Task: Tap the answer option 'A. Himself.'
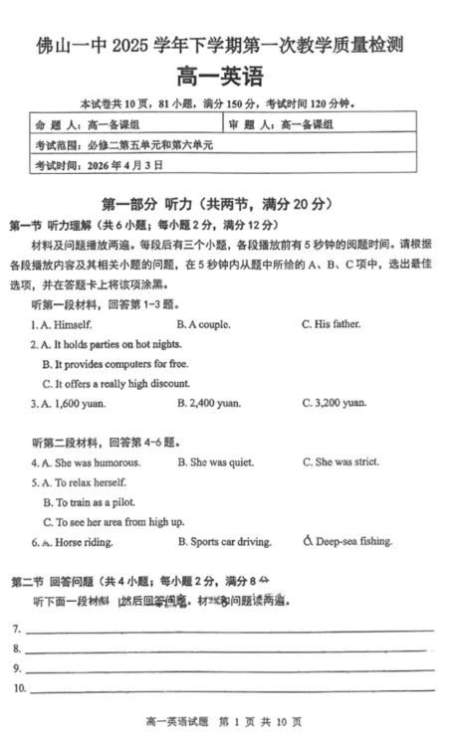pyautogui.click(x=66, y=325)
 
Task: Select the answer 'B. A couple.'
pyautogui.click(x=203, y=325)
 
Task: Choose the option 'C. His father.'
pyautogui.click(x=332, y=325)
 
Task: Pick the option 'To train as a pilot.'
pyautogui.click(x=95, y=502)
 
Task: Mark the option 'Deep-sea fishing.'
pyautogui.click(x=347, y=542)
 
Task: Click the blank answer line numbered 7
pyautogui.click(x=229, y=629)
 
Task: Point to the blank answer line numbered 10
pyautogui.click(x=229, y=687)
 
